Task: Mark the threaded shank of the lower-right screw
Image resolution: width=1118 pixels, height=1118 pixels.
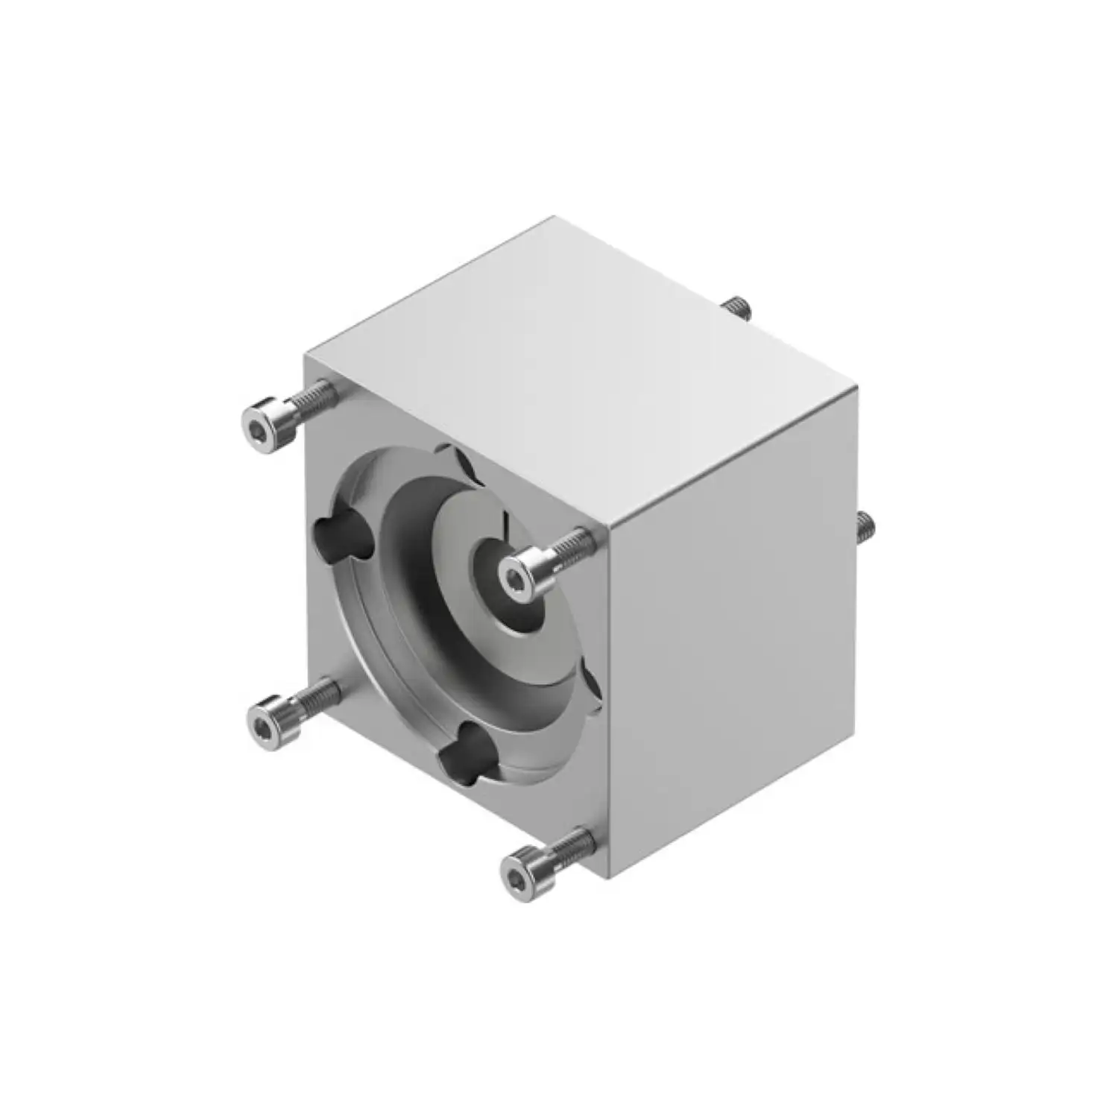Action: click(572, 849)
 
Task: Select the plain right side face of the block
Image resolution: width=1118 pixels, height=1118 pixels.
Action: click(734, 634)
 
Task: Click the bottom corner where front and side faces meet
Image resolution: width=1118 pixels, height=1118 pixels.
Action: click(610, 878)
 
